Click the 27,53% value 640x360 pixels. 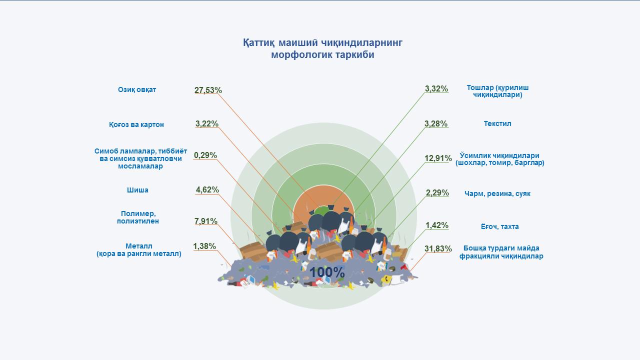(208, 90)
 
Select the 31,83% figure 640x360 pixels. (438, 248)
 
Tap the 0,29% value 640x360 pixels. (205, 155)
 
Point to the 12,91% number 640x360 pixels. (438, 158)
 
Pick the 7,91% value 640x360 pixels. (206, 221)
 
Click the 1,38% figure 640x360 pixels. (204, 246)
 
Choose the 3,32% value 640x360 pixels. (436, 89)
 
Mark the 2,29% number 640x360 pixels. (437, 193)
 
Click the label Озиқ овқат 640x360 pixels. (137, 89)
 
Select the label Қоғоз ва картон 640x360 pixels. (136, 125)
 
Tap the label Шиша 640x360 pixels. (137, 190)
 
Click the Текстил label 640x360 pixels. (497, 123)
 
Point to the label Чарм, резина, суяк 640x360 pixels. (497, 193)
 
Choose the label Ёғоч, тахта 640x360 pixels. (499, 226)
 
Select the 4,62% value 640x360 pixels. (207, 189)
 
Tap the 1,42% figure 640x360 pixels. (437, 225)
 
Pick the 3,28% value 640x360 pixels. (436, 123)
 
